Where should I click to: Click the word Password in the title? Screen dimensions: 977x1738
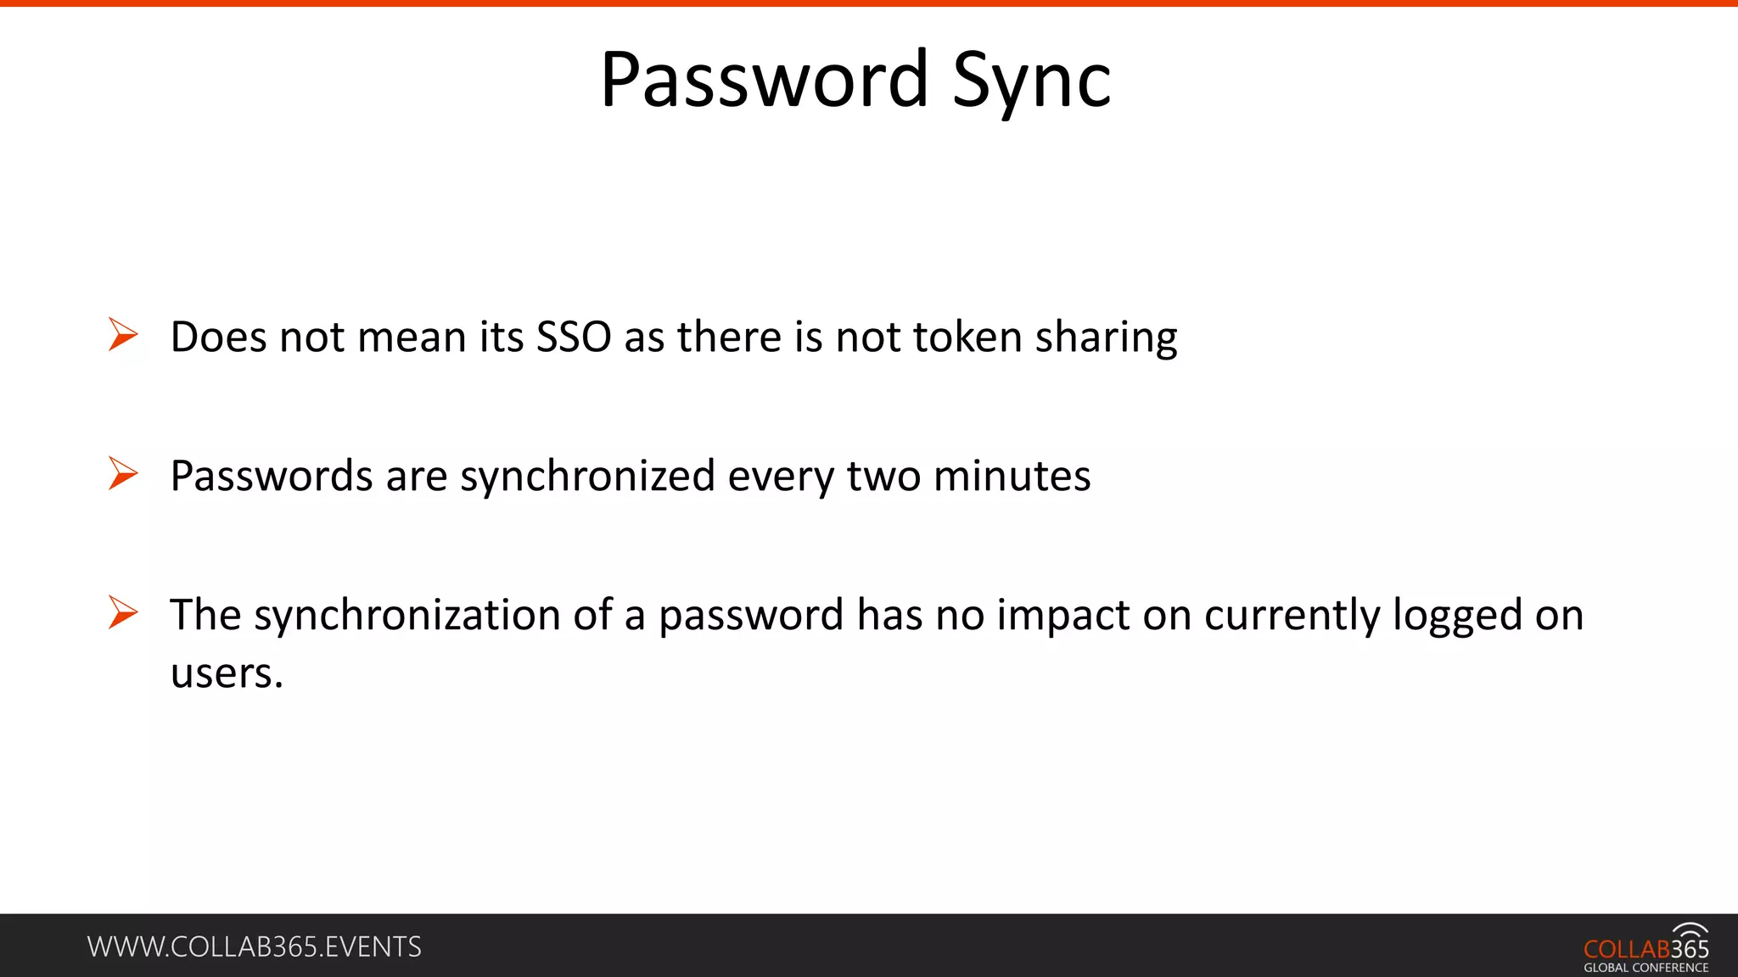point(764,80)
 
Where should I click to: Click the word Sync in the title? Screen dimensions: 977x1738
point(1031,81)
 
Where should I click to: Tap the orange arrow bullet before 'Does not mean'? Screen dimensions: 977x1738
point(123,334)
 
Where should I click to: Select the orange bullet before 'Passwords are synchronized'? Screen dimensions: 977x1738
point(123,473)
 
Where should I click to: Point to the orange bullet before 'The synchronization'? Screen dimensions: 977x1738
point(123,612)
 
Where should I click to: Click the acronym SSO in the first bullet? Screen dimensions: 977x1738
point(574,337)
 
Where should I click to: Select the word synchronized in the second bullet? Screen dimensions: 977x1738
point(587,477)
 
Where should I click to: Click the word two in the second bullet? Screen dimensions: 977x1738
point(883,476)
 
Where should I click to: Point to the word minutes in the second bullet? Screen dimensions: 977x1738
point(1012,476)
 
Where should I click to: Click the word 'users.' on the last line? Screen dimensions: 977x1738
point(227,673)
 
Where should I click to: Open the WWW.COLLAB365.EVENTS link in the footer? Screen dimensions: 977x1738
point(254,946)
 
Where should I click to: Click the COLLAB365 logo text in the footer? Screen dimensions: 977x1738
point(1645,949)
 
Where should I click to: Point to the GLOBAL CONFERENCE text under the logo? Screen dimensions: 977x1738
point(1645,968)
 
